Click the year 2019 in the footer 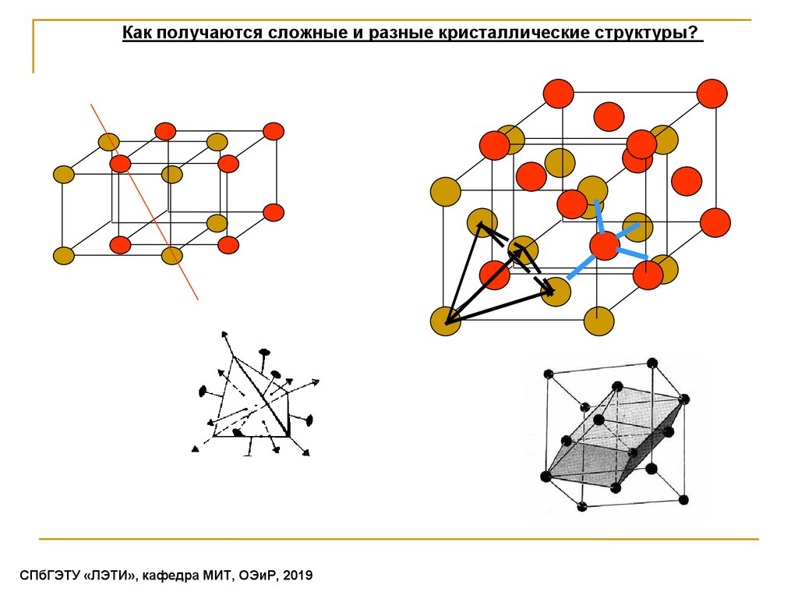[x=298, y=576]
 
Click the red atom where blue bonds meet [x=604, y=246]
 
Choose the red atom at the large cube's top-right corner [x=711, y=94]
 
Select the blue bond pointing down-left [x=580, y=268]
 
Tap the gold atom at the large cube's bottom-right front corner [x=598, y=321]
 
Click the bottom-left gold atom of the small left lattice [x=63, y=255]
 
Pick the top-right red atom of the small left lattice [x=274, y=131]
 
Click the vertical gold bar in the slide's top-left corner [x=34, y=47]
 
